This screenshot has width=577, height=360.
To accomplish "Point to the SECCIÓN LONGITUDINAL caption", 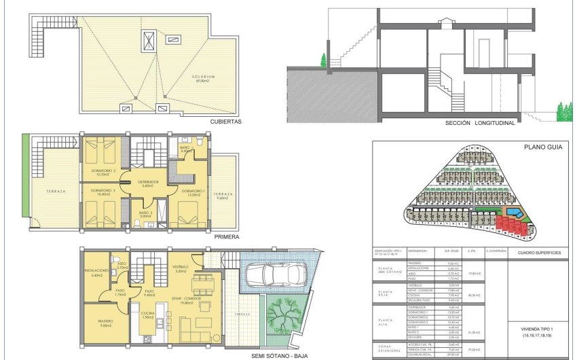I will pos(480,124).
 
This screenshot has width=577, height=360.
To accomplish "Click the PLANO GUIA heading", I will pos(540,147).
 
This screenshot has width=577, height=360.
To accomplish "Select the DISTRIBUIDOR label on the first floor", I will pos(148,182).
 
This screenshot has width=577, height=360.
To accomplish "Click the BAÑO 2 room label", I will pos(145,214).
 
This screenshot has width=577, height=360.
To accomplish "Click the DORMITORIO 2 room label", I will pos(105,170).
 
